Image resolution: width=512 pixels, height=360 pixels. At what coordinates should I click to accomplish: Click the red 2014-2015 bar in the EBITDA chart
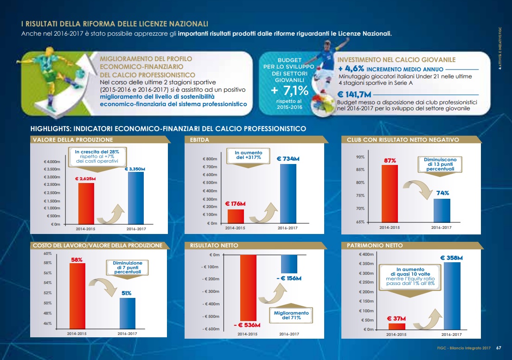tap(235, 216)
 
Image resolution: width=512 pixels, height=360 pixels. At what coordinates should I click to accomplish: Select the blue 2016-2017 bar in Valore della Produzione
tap(135, 198)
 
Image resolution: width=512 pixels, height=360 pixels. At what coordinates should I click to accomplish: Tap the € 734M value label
tap(288, 159)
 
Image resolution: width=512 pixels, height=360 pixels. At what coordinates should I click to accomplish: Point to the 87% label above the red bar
tap(390, 160)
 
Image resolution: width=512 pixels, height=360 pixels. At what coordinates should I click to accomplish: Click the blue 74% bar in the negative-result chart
tap(442, 210)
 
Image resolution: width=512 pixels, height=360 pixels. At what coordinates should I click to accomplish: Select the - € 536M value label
tap(247, 325)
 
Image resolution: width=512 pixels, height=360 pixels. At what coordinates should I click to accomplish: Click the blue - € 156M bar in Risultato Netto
tap(289, 264)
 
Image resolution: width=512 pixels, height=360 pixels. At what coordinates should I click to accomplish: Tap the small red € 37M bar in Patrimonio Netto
tap(397, 326)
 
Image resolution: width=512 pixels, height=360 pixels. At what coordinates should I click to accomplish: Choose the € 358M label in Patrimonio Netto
tap(452, 258)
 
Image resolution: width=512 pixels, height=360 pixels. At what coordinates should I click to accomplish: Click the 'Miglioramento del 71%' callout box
tap(291, 316)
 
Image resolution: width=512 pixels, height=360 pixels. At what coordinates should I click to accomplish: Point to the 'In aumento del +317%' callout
tap(249, 155)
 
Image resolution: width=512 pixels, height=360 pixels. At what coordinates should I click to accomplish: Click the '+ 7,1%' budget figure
tap(289, 89)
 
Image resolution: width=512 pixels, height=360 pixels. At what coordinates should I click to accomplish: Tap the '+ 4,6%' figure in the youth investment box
tap(351, 68)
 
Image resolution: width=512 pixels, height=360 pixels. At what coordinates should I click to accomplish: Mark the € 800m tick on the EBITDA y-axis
tap(210, 159)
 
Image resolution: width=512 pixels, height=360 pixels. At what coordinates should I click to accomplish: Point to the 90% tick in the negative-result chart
tap(360, 157)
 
